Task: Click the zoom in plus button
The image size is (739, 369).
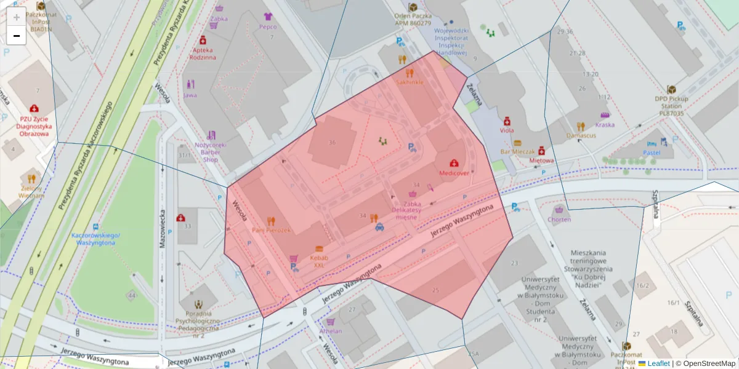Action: (16, 17)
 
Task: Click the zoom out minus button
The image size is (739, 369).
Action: (16, 36)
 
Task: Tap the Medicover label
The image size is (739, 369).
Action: (454, 173)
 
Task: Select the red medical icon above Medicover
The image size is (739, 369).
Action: (454, 163)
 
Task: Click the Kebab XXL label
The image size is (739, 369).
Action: (318, 261)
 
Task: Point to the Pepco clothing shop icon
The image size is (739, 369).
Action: (267, 17)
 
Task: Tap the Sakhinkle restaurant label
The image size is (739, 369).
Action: (410, 82)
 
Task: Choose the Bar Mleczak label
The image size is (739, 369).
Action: (517, 151)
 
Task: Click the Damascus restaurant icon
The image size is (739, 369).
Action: (581, 126)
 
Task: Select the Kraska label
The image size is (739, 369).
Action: (605, 125)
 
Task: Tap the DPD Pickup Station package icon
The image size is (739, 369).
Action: (671, 89)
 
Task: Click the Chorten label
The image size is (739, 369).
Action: (559, 220)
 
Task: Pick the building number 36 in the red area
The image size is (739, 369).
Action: (333, 143)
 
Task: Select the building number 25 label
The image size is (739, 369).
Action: (436, 290)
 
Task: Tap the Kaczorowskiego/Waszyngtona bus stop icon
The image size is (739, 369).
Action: (95, 226)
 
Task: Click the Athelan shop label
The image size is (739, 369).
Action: (331, 331)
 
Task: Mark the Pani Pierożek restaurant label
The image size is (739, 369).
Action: (271, 230)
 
